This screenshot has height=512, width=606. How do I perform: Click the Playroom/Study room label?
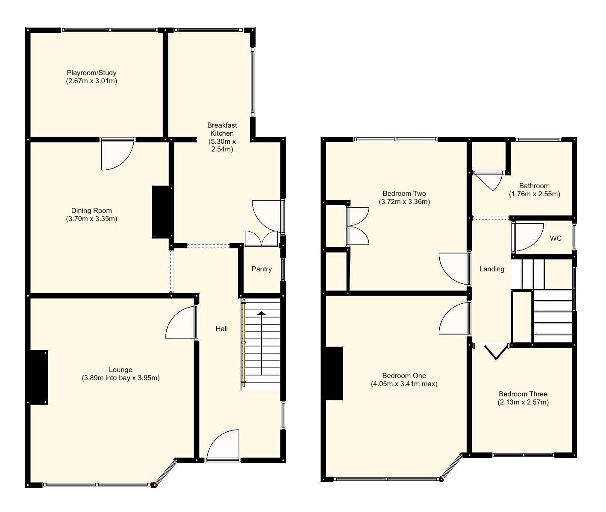[x=91, y=73]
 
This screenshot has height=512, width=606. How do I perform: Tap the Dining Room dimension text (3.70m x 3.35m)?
[x=91, y=219]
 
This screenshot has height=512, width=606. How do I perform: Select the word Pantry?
[x=262, y=269]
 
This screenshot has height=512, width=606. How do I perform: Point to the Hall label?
[x=221, y=329]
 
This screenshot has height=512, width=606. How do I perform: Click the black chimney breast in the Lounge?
[x=38, y=377]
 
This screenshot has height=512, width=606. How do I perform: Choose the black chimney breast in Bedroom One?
[x=333, y=373]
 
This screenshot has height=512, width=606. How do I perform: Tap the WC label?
[x=556, y=238]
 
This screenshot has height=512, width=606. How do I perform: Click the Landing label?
[x=491, y=269]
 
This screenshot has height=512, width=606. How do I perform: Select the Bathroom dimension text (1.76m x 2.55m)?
[x=534, y=194]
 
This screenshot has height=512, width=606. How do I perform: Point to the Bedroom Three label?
[x=523, y=394]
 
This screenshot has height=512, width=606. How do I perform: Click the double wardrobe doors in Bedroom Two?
[x=357, y=226]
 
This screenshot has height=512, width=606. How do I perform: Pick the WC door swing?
[x=527, y=237]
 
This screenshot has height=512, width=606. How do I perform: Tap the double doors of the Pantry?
[x=261, y=238]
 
